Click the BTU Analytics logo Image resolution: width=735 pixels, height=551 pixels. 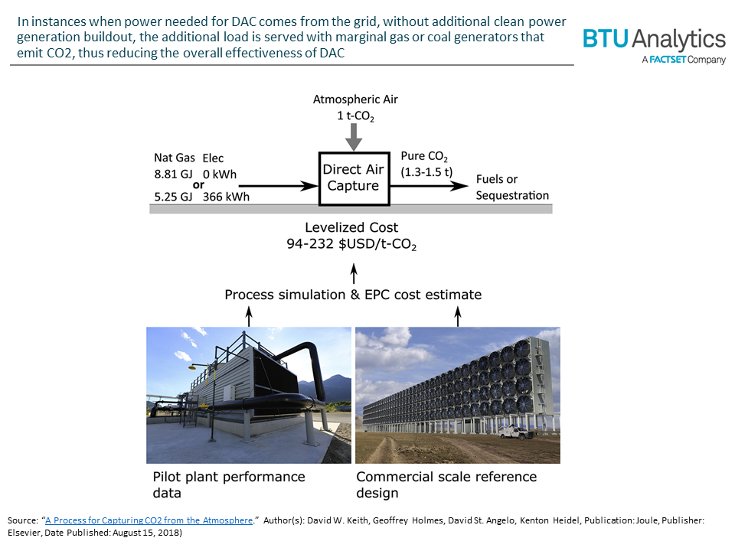click(x=653, y=45)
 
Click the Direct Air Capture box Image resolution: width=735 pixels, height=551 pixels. click(x=351, y=178)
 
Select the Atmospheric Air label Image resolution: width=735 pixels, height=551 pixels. click(x=355, y=99)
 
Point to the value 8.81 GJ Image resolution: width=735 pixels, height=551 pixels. click(x=172, y=174)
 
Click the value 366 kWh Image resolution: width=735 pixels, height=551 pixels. click(x=226, y=197)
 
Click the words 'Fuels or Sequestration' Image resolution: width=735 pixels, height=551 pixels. click(x=511, y=187)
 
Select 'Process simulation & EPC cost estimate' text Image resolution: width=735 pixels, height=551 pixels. click(x=353, y=294)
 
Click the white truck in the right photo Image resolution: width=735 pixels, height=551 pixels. click(x=517, y=433)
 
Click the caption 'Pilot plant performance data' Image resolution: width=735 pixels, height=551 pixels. click(x=228, y=484)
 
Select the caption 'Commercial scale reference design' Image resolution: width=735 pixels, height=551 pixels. click(x=446, y=484)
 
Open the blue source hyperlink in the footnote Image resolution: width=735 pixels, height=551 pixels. click(x=149, y=520)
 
